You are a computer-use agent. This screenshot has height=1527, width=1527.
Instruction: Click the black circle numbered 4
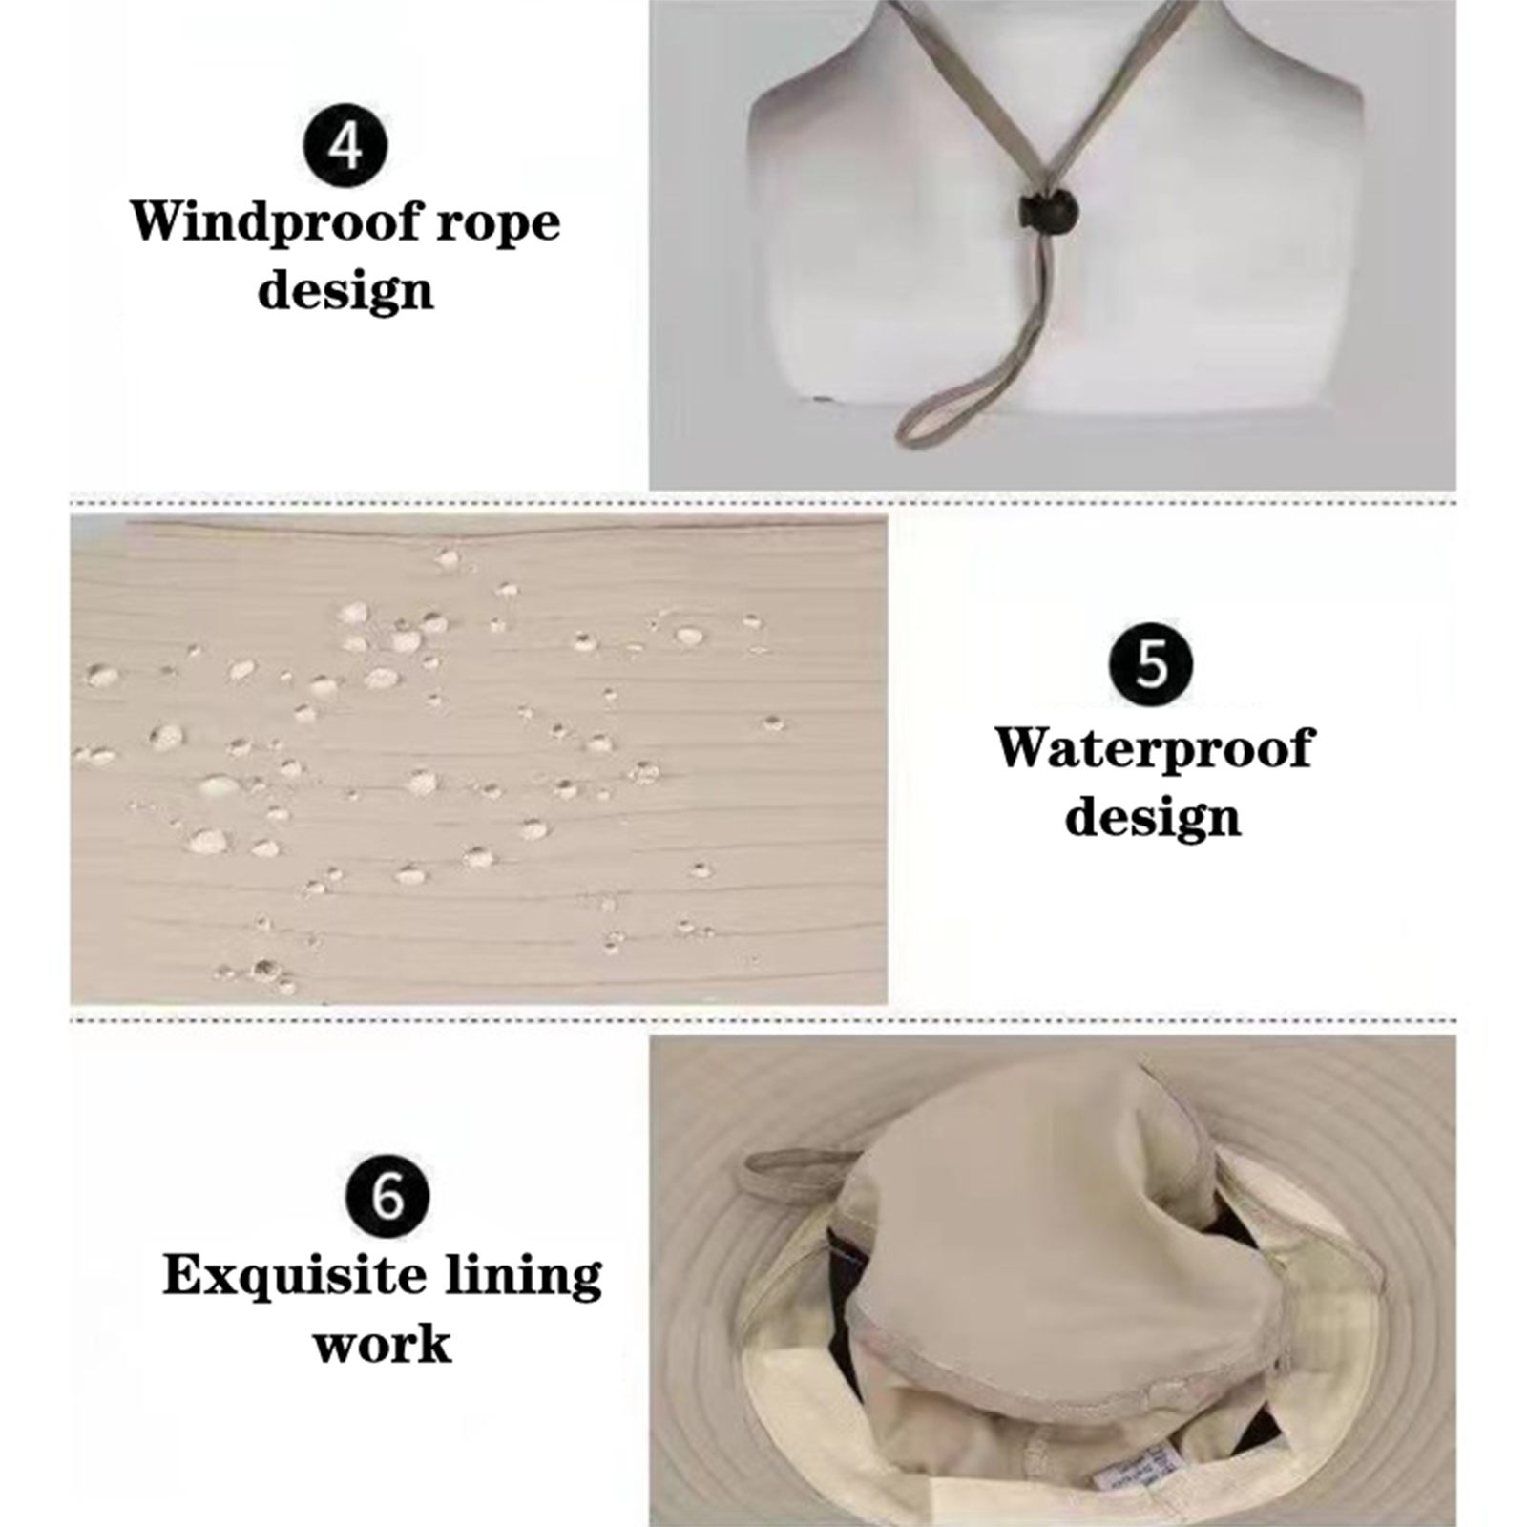tap(345, 146)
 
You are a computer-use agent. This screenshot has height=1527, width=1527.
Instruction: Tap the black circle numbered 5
tap(1151, 663)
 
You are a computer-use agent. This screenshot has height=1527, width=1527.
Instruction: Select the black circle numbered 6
tap(387, 1195)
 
